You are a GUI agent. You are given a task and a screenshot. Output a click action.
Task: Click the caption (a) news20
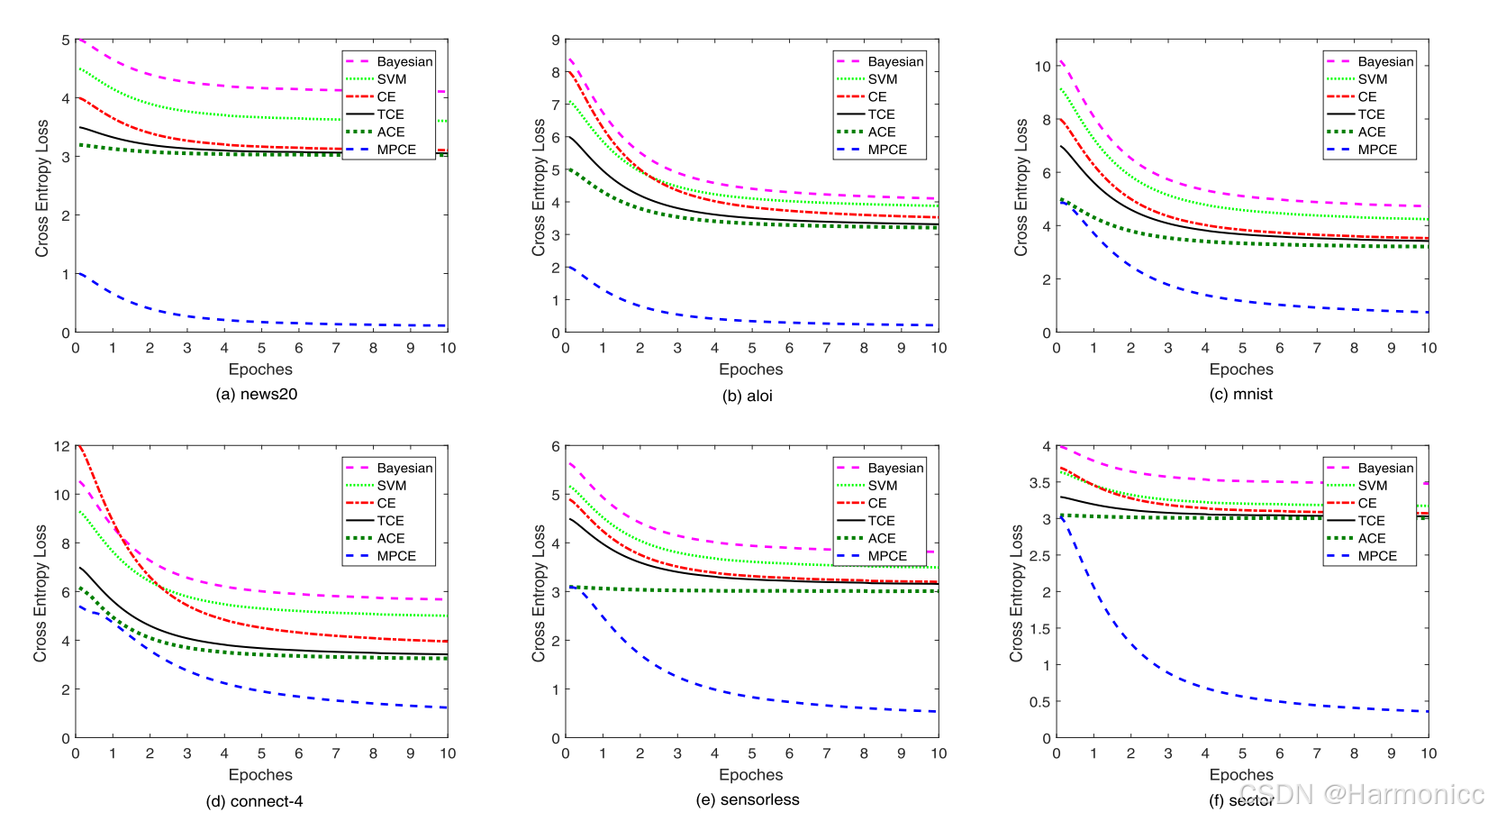(x=257, y=394)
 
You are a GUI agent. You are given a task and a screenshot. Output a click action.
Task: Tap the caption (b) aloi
(x=747, y=396)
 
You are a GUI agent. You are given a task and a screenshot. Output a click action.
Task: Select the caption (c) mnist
(x=1240, y=394)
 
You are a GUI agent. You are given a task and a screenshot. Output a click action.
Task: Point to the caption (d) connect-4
(x=254, y=801)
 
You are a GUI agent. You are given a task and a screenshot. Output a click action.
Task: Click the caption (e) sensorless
(x=747, y=799)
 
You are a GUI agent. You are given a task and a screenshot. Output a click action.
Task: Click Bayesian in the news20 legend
(x=404, y=61)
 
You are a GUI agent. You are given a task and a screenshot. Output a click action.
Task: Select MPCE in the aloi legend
(x=887, y=150)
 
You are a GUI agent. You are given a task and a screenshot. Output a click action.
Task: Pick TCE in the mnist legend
(x=1371, y=114)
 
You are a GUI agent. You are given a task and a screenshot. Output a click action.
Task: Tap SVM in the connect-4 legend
(x=391, y=486)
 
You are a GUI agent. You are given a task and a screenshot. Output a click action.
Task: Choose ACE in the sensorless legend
(x=882, y=538)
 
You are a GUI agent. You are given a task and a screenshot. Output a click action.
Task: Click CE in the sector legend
(x=1366, y=503)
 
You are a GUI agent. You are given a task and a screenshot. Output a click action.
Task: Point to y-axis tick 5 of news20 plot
(x=66, y=41)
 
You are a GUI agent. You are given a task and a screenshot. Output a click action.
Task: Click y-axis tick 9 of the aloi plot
(x=556, y=41)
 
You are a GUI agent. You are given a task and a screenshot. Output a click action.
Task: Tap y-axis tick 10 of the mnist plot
(x=1042, y=67)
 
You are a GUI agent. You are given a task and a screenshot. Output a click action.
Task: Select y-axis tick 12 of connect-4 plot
(x=62, y=446)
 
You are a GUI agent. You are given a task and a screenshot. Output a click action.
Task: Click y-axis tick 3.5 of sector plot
(x=1039, y=483)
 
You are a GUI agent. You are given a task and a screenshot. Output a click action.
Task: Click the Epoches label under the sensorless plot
(x=750, y=775)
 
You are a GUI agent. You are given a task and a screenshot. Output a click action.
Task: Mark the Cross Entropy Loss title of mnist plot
(x=1021, y=187)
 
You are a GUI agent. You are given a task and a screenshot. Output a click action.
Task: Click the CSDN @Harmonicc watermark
(x=1360, y=794)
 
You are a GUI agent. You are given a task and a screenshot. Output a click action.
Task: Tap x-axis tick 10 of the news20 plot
(x=448, y=348)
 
